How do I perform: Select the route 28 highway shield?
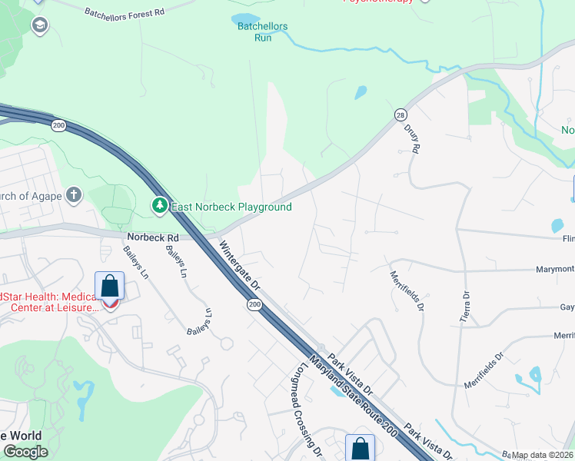coord(401,114)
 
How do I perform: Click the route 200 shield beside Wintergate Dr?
coord(254,305)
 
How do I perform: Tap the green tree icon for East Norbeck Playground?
coord(159,206)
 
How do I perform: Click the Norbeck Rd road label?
coord(153,238)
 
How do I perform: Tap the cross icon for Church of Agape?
coord(74,194)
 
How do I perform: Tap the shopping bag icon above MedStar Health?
coord(110,287)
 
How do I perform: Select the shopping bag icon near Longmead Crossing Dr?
coord(360,447)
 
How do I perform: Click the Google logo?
coord(25,452)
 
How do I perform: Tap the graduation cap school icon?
coord(39,26)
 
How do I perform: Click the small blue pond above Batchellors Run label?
coord(245,18)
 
